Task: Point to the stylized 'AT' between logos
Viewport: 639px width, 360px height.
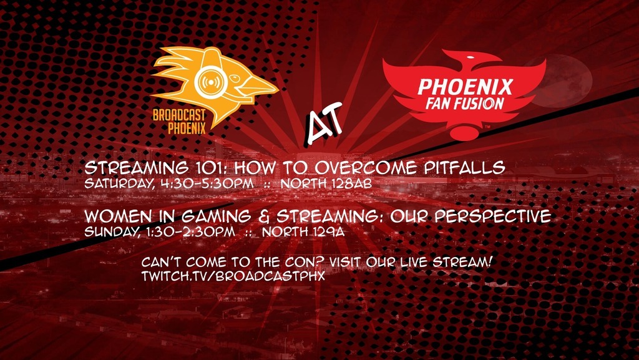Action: coord(323,119)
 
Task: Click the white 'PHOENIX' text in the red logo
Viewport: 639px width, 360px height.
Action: coord(465,85)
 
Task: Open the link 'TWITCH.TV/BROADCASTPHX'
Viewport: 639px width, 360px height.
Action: coord(233,275)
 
